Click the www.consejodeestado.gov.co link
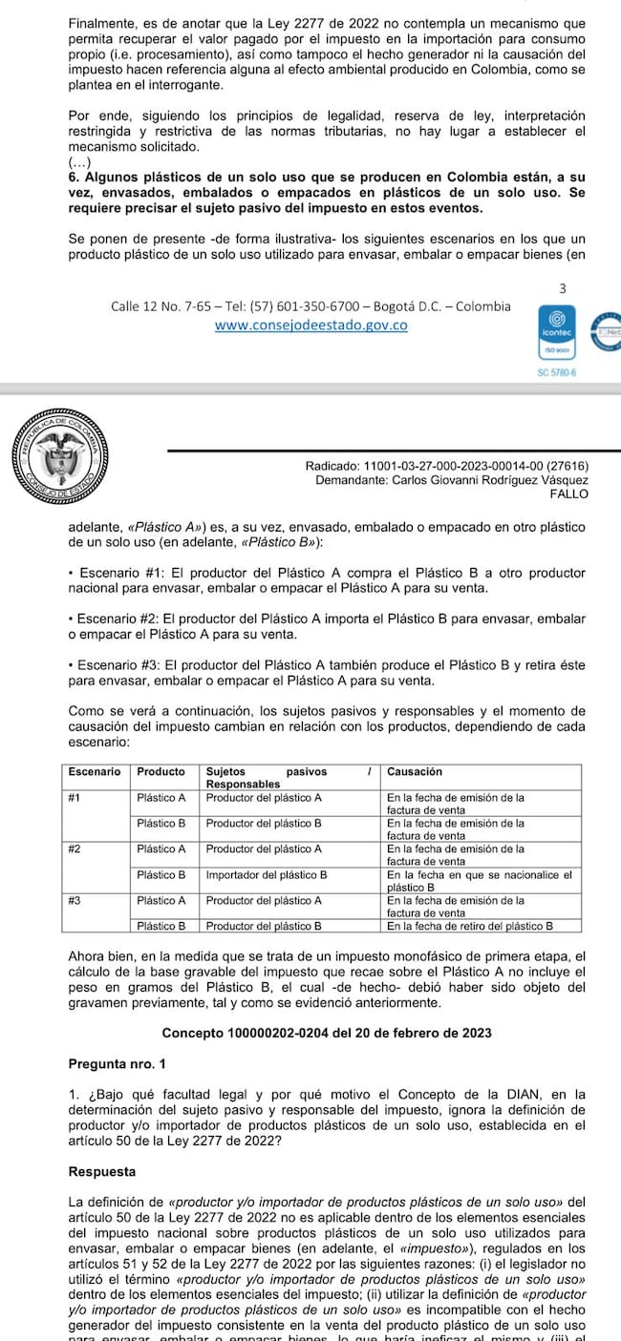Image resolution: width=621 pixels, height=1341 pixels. pos(311,325)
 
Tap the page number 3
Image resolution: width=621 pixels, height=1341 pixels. pos(563,288)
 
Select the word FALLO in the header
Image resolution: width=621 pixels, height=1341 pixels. pos(569,493)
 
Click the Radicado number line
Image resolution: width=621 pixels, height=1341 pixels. pos(446,465)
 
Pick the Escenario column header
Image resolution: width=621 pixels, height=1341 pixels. pos(95,771)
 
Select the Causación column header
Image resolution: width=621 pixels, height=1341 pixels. pos(415,771)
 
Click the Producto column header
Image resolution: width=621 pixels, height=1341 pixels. pos(161,771)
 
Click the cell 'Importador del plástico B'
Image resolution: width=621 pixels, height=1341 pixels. pos(267,873)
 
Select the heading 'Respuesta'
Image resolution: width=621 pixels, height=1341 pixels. pos(102,1171)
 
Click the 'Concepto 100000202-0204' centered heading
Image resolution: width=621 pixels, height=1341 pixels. pos(326,1033)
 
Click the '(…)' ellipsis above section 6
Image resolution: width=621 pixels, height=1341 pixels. pos(80,163)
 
